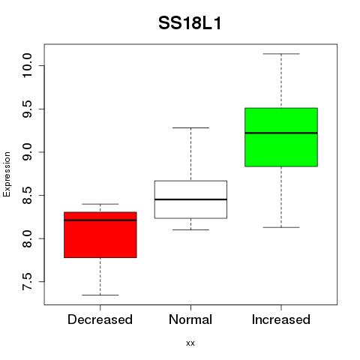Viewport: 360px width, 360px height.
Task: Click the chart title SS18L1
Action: [190, 23]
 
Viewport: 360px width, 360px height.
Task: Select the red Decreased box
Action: [100, 235]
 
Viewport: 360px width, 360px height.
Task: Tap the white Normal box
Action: [190, 199]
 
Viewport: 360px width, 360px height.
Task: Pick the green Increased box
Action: [281, 137]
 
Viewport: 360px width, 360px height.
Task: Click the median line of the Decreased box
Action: [100, 220]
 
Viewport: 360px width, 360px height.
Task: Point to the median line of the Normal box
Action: [190, 199]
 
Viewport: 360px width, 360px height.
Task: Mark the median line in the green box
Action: [281, 133]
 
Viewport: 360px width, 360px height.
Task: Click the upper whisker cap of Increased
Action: [281, 54]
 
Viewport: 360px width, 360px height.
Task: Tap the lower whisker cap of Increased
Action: [281, 227]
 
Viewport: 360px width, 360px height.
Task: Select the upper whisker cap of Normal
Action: [190, 127]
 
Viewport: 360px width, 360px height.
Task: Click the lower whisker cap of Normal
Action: [190, 229]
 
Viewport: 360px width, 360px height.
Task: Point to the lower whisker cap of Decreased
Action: [100, 295]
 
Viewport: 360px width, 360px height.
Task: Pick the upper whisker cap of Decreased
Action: [100, 204]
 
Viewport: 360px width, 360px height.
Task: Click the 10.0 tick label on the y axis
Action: [27, 65]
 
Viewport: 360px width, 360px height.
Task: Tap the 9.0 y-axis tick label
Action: [27, 152]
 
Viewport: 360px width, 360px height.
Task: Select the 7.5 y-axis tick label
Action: [27, 282]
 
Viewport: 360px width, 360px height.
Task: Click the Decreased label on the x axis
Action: [100, 319]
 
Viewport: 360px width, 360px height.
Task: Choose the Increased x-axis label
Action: [281, 319]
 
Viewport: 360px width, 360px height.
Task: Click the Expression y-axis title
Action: [7, 174]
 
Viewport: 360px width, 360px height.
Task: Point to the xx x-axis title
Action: [190, 343]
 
